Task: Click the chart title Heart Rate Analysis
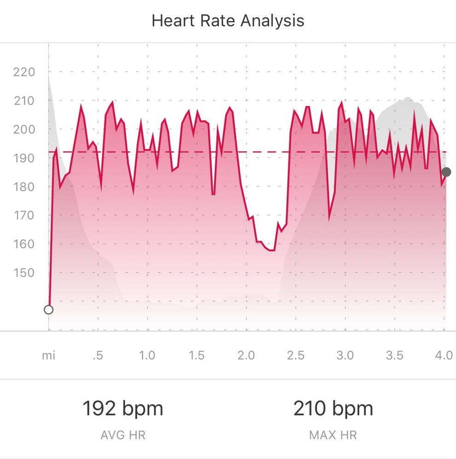pyautogui.click(x=228, y=21)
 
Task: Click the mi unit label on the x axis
pyautogui.click(x=48, y=356)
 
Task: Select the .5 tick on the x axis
pyautogui.click(x=97, y=356)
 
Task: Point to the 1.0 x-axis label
pyautogui.click(x=147, y=356)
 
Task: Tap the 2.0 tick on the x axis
pyautogui.click(x=246, y=356)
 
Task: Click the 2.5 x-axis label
pyautogui.click(x=295, y=356)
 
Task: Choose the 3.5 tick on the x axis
pyautogui.click(x=394, y=356)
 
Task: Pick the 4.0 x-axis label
pyautogui.click(x=444, y=356)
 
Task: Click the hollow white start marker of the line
pyautogui.click(x=48, y=310)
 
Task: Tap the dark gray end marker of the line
pyautogui.click(x=446, y=172)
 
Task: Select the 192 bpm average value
pyautogui.click(x=123, y=408)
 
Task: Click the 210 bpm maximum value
pyautogui.click(x=333, y=408)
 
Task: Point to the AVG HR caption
pyautogui.click(x=123, y=435)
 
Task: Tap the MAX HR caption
pyautogui.click(x=333, y=435)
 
